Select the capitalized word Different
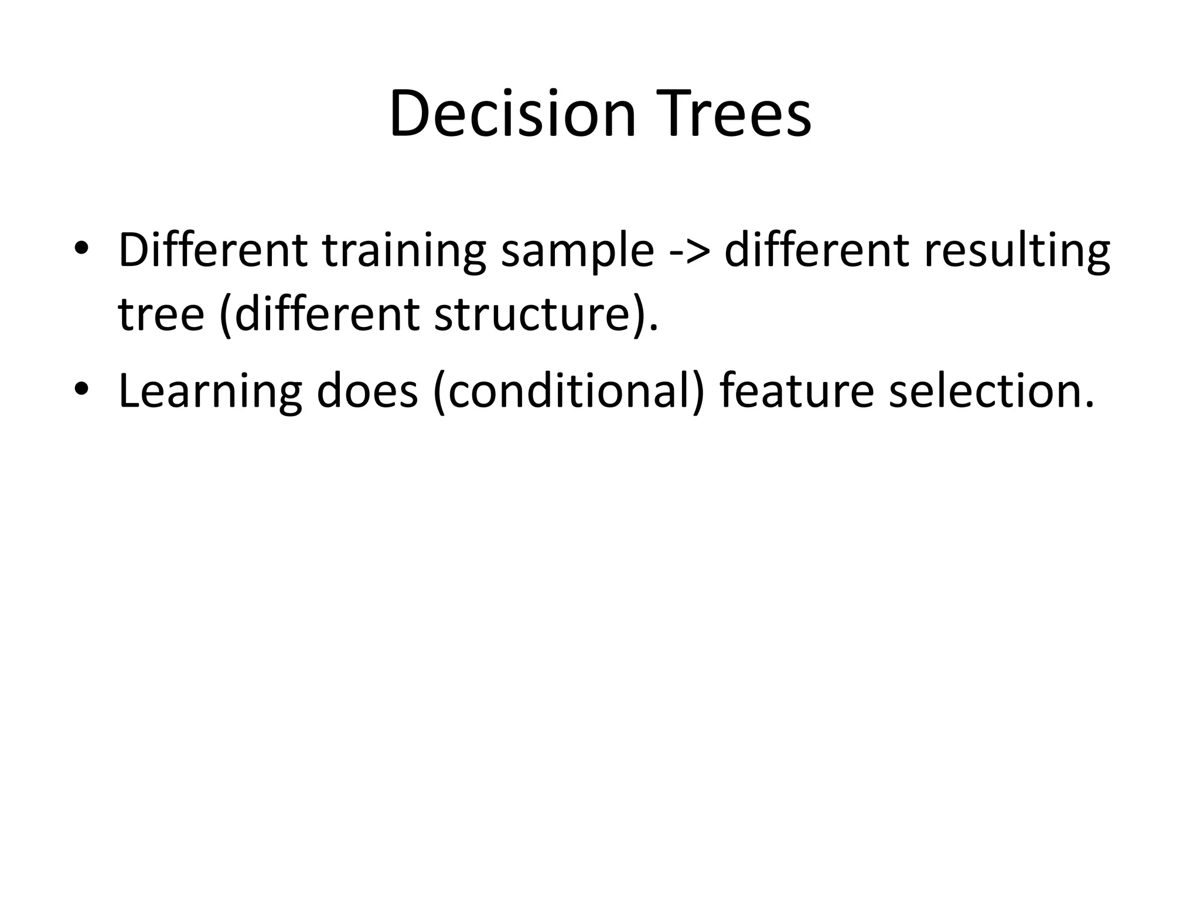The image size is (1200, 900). pyautogui.click(x=213, y=250)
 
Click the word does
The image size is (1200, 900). pyautogui.click(x=367, y=391)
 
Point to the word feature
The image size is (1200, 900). pyautogui.click(x=797, y=391)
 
